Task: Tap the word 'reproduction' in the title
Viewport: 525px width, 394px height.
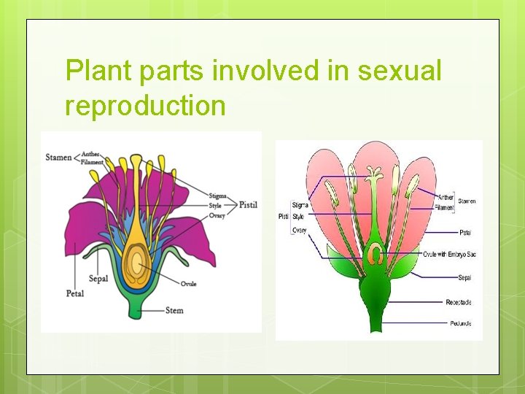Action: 145,106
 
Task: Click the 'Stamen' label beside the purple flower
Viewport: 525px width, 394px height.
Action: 58,157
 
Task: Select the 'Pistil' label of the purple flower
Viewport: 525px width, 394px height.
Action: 249,205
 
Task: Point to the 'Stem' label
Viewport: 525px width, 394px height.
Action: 174,310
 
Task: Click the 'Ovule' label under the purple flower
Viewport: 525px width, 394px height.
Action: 189,284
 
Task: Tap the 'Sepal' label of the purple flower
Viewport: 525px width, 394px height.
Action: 98,278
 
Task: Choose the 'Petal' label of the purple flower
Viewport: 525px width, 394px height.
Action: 74,293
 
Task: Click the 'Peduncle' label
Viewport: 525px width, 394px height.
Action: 460,323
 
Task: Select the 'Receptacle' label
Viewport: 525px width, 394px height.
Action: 459,302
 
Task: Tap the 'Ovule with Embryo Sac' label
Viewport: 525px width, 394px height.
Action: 449,254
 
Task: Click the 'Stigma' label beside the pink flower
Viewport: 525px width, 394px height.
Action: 300,205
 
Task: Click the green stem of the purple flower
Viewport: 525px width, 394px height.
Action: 136,306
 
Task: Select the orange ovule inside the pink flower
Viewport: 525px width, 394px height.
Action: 375,255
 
